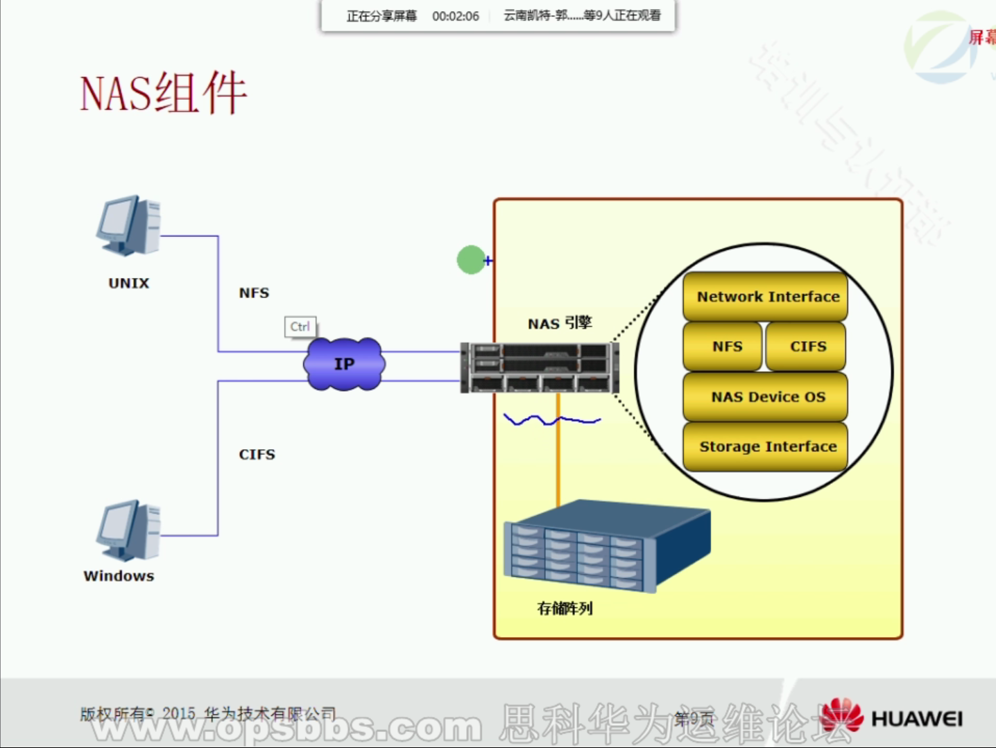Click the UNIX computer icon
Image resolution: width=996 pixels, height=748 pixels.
coord(129,225)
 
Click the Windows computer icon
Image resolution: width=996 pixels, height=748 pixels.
coord(129,530)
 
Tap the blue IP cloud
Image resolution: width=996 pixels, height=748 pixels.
coord(344,364)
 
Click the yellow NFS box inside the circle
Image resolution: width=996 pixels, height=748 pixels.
coord(725,346)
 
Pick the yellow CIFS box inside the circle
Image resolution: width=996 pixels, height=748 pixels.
coord(807,346)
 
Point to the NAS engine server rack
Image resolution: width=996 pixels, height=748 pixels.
coord(540,367)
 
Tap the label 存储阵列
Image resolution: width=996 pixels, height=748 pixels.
coord(565,608)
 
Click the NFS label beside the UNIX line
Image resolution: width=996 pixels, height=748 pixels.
coord(254,293)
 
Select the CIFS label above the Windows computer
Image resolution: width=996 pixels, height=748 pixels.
coord(257,454)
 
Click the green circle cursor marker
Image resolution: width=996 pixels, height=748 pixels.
coord(471,260)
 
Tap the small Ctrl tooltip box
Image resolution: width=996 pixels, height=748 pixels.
coord(300,327)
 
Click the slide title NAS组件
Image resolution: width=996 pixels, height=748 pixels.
coord(164,93)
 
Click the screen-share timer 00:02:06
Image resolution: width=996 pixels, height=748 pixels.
coord(455,16)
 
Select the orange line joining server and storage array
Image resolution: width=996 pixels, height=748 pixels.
coord(558,451)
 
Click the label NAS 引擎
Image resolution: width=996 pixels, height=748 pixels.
coord(560,323)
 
